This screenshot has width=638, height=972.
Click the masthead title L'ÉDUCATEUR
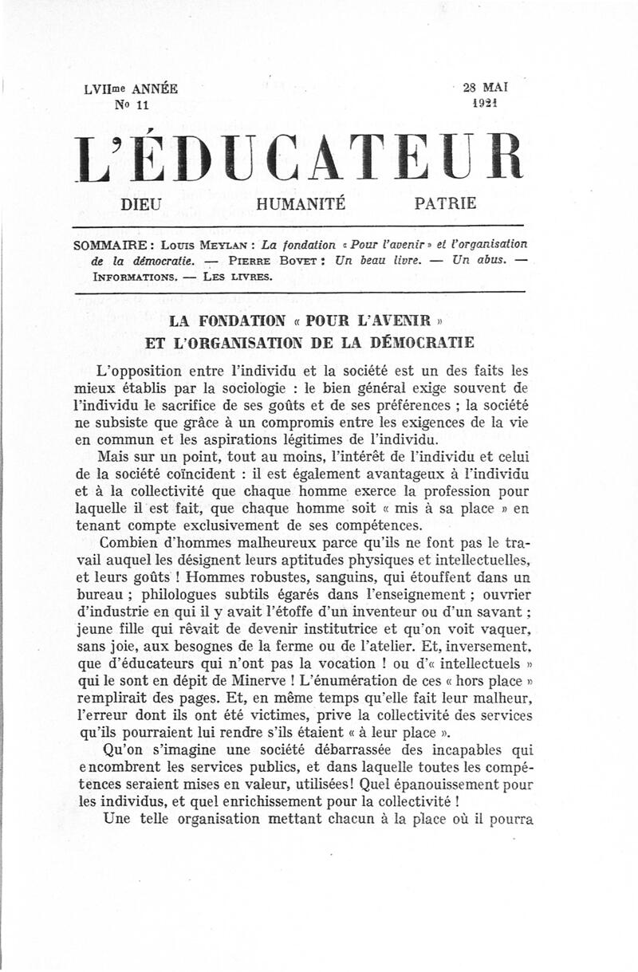click(x=299, y=157)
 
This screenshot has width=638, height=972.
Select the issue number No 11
click(x=132, y=104)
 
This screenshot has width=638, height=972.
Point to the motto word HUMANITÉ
click(x=301, y=204)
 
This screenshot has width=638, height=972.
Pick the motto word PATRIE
click(x=446, y=204)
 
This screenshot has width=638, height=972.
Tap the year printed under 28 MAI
click(x=486, y=104)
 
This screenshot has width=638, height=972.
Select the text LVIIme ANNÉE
click(x=132, y=89)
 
